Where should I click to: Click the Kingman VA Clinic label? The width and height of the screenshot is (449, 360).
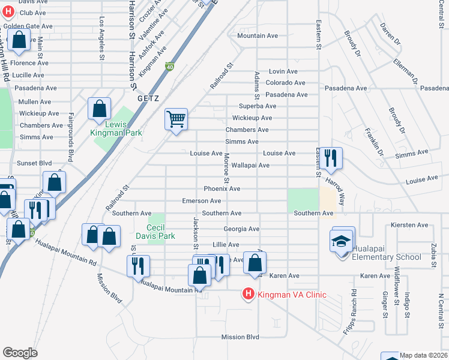click(292, 294)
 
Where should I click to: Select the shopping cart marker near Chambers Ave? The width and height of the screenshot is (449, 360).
click(176, 119)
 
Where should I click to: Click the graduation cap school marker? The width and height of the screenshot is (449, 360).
click(342, 241)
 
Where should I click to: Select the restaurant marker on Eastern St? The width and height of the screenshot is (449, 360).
click(330, 158)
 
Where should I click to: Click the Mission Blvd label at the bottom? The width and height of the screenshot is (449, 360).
click(240, 337)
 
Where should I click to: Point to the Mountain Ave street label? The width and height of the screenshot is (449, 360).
click(258, 36)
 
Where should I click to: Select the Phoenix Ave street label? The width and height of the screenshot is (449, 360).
click(222, 188)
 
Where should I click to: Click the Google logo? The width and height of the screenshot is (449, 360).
click(20, 353)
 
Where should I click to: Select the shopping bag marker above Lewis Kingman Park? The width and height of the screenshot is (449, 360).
click(100, 109)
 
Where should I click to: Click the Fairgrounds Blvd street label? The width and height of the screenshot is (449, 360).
click(71, 137)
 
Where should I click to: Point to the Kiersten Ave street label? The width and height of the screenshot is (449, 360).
click(409, 226)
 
